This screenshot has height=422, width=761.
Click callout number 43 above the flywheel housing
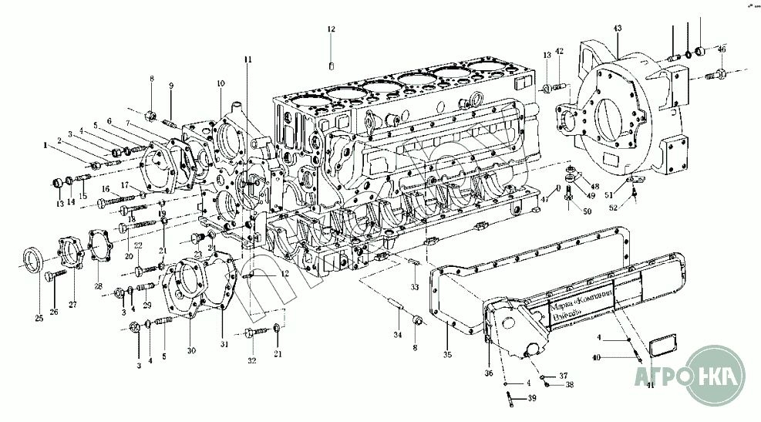click(617, 29)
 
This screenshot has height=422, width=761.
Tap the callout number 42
click(560, 52)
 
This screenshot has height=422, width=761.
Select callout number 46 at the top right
click(721, 49)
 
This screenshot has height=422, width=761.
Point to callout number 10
click(221, 83)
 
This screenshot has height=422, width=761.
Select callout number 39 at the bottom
click(532, 399)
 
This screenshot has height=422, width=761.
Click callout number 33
click(414, 287)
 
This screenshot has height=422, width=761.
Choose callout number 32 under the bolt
click(252, 360)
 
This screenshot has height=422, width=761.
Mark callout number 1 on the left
click(45, 144)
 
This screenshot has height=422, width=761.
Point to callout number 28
click(98, 286)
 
